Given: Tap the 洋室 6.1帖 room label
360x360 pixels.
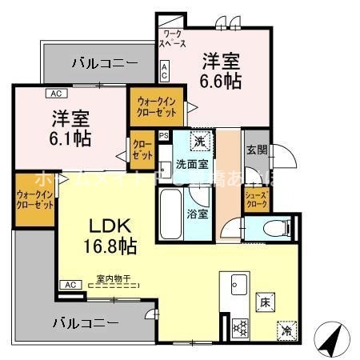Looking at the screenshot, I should (x=70, y=126).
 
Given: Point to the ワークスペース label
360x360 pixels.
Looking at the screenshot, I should (x=173, y=39).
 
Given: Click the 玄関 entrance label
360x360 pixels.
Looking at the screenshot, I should (x=256, y=149).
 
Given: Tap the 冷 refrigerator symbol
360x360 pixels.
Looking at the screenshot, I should (x=286, y=330).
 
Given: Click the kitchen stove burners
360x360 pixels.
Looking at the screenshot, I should (x=238, y=326).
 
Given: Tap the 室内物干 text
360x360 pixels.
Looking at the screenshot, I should (x=114, y=279).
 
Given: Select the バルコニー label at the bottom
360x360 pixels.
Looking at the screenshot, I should (x=86, y=323).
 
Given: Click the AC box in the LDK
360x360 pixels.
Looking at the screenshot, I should (x=70, y=284).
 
